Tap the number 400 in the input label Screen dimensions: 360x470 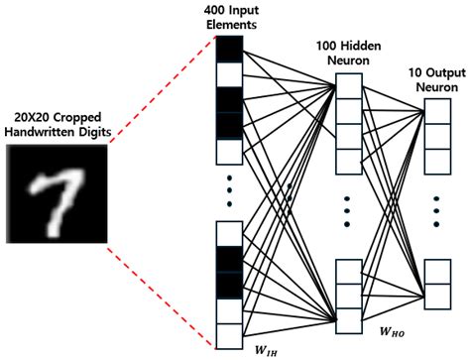(215, 10)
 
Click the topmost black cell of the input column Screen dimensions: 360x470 (228, 49)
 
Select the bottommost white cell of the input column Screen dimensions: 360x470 (228, 336)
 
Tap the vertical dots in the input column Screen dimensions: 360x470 (228, 192)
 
